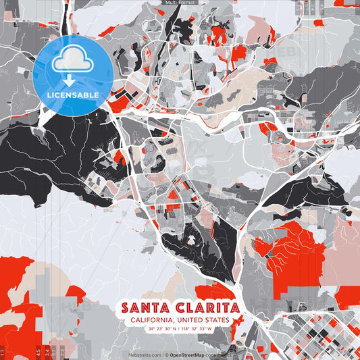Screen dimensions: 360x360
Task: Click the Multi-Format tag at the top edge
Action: (x=180, y=3)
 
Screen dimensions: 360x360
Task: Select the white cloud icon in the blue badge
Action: (x=72, y=61)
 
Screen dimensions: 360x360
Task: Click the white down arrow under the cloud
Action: (x=72, y=80)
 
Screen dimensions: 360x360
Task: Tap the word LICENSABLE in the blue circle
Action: (x=72, y=95)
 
